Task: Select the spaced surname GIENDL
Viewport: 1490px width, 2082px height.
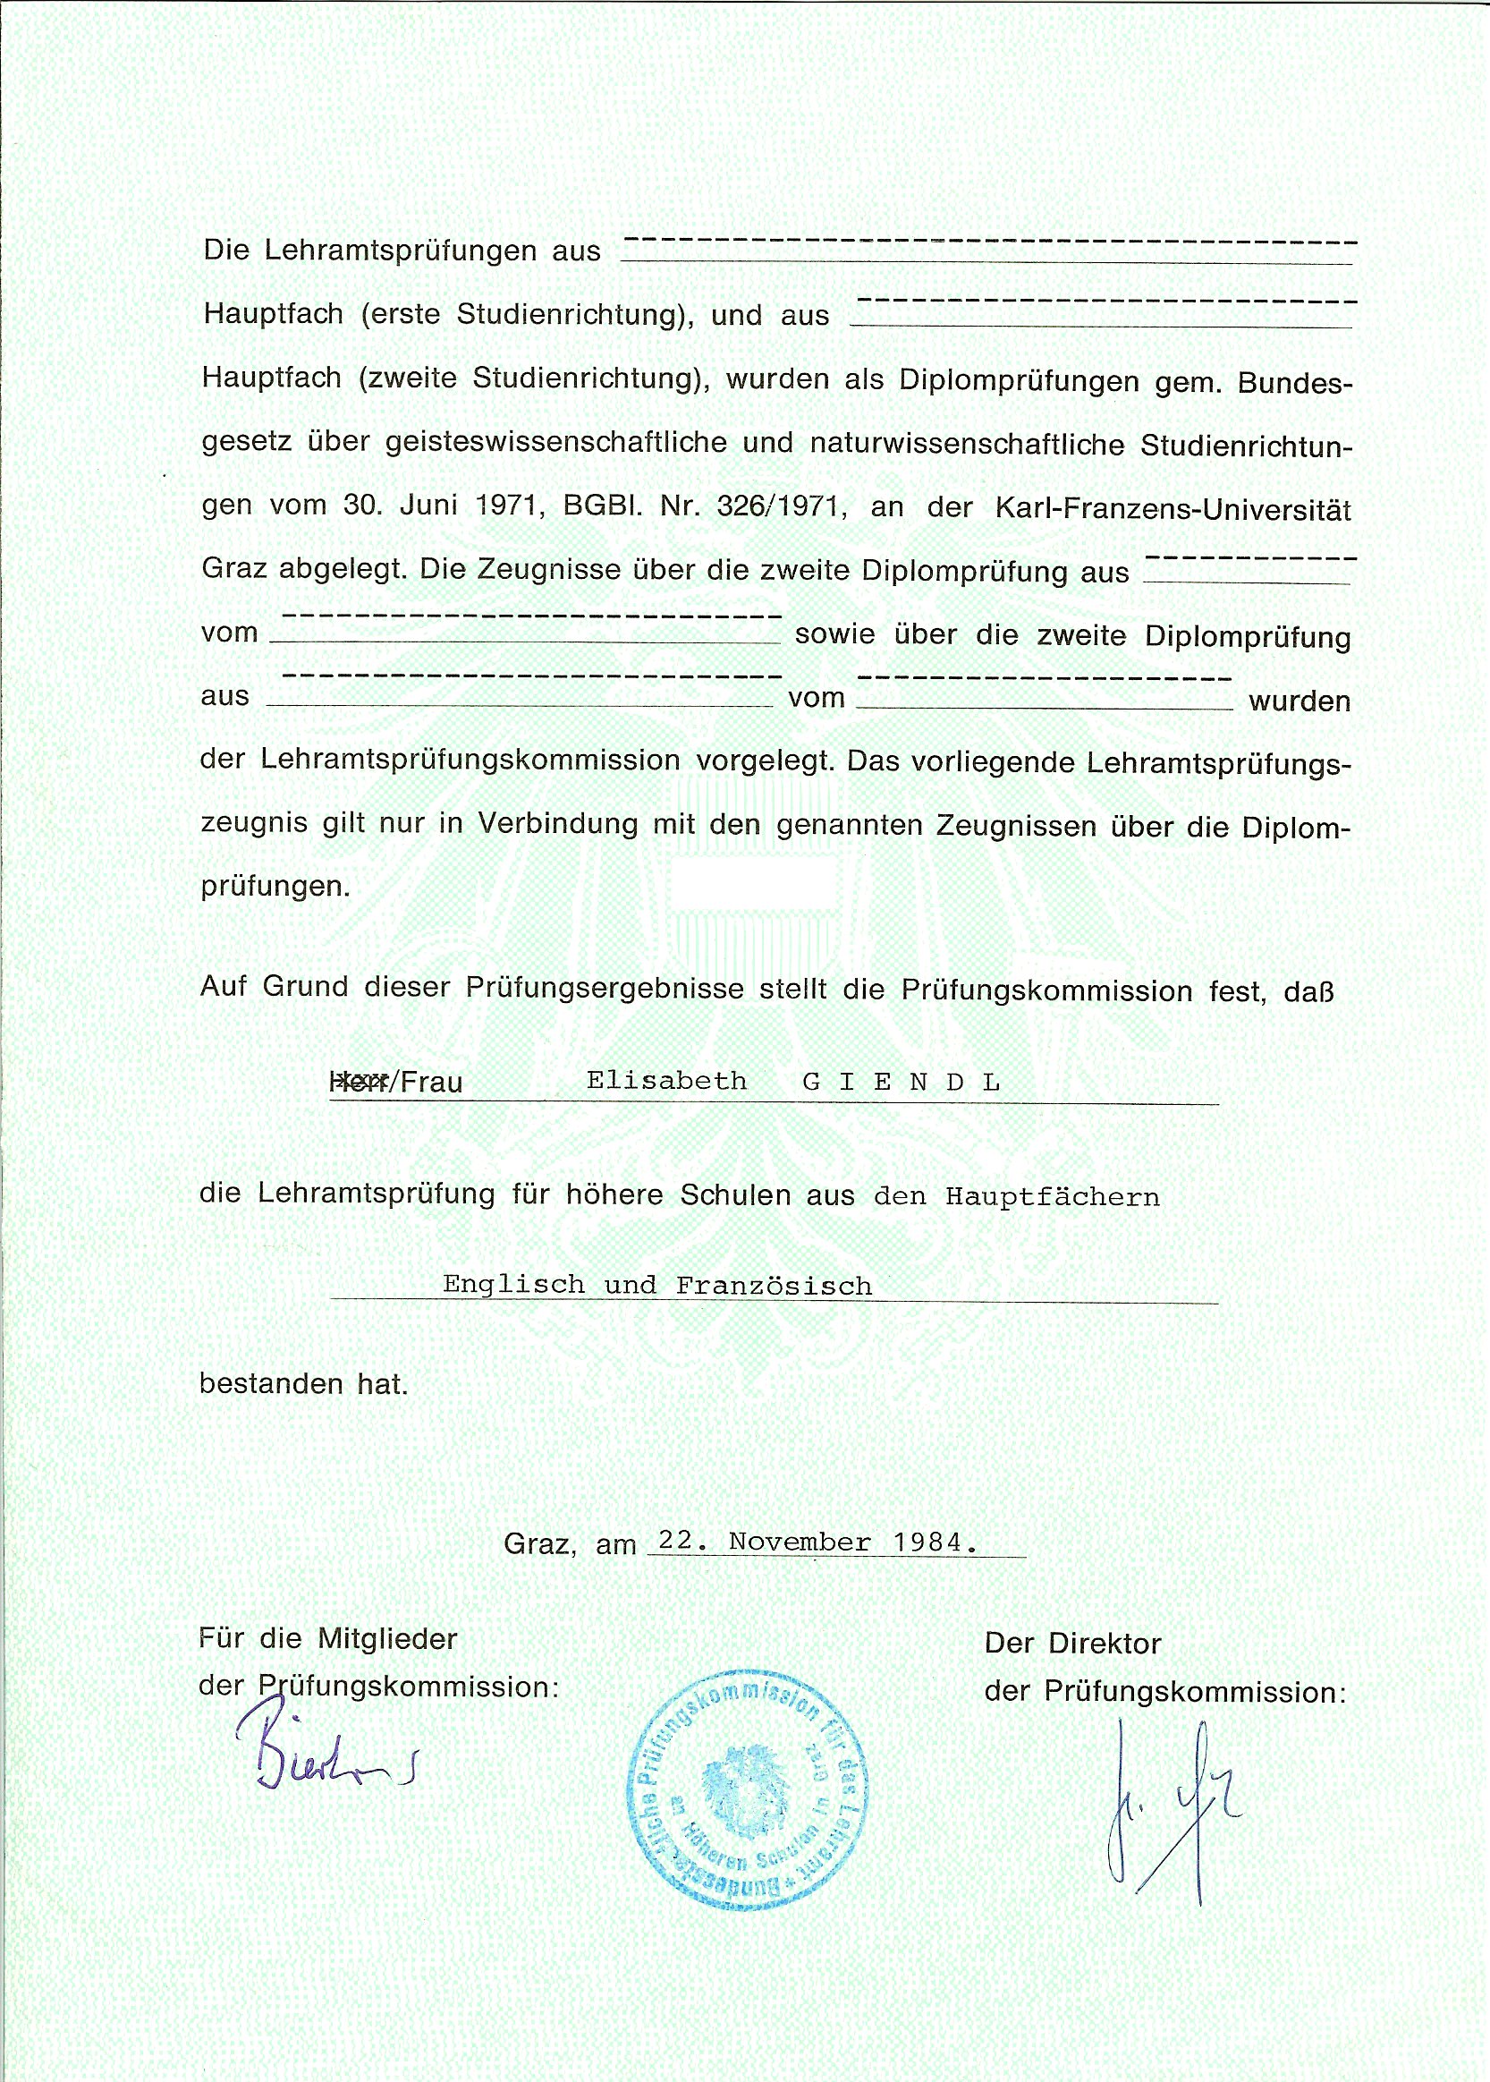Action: (x=901, y=1082)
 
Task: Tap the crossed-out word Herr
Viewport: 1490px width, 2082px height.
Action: (x=360, y=1081)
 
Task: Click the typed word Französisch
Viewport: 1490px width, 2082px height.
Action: (x=774, y=1286)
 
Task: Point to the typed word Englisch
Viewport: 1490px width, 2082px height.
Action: (x=512, y=1285)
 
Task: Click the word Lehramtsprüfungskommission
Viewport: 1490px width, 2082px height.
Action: (x=470, y=760)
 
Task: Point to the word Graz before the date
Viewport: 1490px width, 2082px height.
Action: (x=539, y=1544)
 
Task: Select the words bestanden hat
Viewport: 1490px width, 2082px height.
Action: (x=303, y=1384)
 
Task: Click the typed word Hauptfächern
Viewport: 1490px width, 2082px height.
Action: (x=1053, y=1197)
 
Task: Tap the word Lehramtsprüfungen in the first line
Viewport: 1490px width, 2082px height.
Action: (x=400, y=251)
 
